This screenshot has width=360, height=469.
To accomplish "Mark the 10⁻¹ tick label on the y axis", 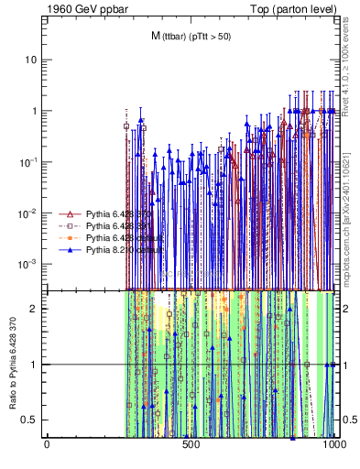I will (30, 162).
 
